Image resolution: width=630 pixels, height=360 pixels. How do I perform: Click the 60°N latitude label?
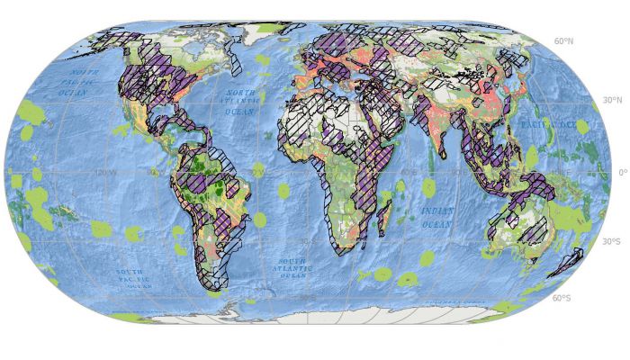564,41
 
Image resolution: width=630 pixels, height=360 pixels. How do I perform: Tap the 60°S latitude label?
563,298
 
